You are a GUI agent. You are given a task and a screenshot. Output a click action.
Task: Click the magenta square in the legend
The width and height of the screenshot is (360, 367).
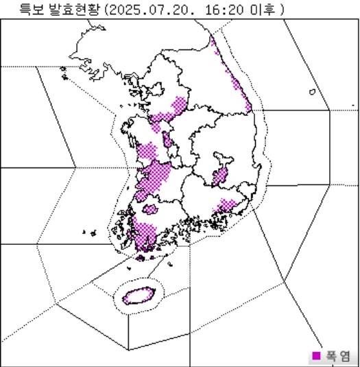316,355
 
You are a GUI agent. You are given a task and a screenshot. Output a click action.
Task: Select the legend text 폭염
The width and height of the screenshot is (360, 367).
338,355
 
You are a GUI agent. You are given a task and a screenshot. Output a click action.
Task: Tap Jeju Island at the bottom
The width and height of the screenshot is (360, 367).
139,296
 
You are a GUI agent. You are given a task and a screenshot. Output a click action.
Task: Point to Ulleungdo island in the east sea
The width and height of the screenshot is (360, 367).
312,91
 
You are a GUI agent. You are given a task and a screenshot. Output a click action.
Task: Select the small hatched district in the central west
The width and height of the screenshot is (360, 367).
167,142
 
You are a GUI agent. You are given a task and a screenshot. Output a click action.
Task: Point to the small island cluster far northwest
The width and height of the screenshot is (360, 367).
63,71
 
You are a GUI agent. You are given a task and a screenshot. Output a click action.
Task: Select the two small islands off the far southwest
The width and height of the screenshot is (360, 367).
88,232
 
